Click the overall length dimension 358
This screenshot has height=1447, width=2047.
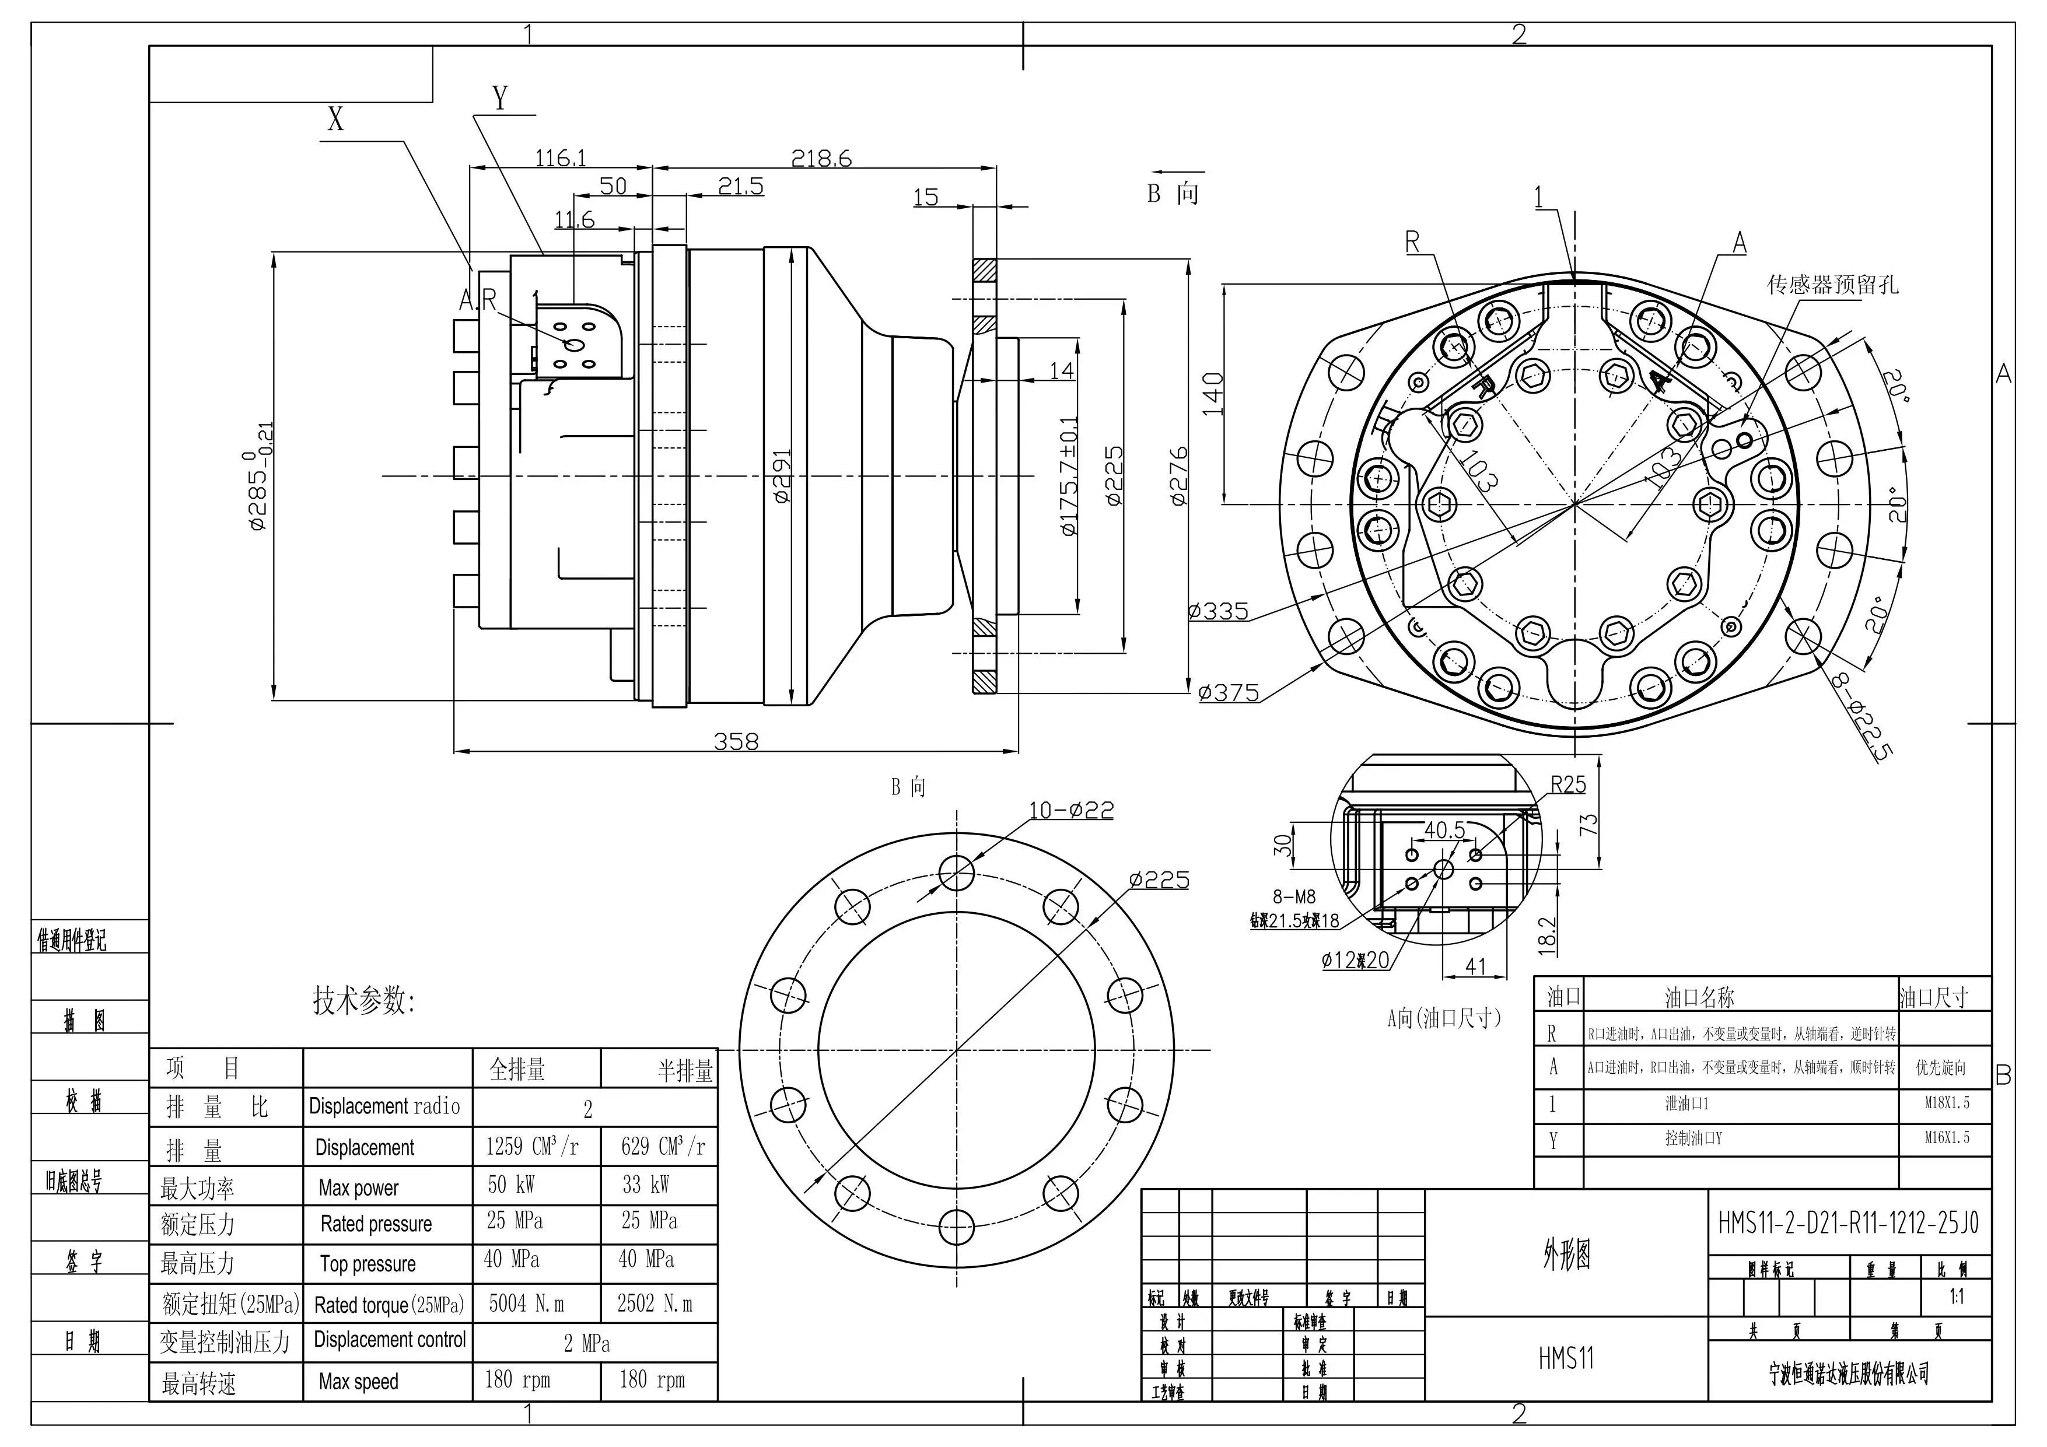coord(736,741)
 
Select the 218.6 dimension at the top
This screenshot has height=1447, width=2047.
coord(821,159)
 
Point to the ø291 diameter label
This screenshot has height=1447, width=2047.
coord(781,475)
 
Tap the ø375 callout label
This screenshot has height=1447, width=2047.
coord(1229,693)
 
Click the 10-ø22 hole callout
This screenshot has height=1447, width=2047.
coord(1071,811)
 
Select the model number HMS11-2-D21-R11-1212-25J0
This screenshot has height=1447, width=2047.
coord(1847,1222)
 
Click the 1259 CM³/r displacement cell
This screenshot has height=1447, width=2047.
coord(532,1147)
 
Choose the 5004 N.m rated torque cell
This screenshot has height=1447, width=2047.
coord(526,1304)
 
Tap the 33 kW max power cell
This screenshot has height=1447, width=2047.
coord(646,1185)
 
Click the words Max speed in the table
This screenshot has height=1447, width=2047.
coord(358,1381)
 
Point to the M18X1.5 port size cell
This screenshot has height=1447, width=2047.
coord(1946,1103)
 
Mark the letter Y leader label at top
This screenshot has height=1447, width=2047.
coord(500,97)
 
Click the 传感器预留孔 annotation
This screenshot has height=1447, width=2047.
coord(1832,285)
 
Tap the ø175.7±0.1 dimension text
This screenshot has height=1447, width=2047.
coord(1068,476)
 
